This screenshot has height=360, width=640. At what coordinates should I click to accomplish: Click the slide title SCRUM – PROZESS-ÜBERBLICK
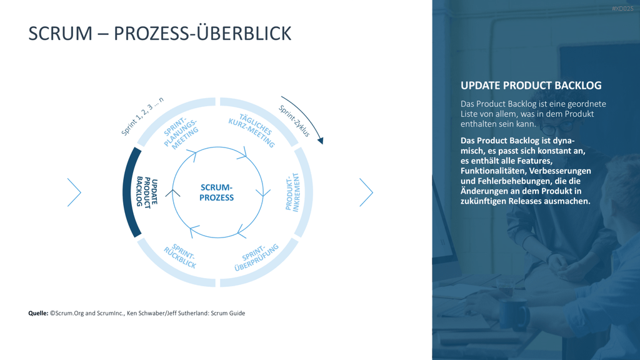(159, 33)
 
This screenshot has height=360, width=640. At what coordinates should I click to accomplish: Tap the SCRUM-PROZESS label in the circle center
(217, 192)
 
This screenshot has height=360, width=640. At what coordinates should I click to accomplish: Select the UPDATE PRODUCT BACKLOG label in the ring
(147, 192)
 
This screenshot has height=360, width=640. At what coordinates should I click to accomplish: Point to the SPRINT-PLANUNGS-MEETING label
(181, 133)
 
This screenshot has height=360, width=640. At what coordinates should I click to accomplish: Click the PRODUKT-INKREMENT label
(292, 192)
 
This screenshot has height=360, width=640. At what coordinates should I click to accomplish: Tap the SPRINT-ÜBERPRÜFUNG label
(256, 257)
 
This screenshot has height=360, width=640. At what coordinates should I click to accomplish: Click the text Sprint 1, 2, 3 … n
(142, 116)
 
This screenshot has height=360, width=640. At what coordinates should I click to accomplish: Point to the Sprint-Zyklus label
(294, 121)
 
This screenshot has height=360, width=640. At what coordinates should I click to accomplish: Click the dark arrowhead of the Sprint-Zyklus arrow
(321, 141)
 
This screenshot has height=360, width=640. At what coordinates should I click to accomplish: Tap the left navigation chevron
(74, 192)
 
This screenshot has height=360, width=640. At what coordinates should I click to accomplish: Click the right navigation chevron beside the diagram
(366, 192)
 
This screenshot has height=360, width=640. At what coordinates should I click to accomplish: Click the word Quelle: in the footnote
(38, 313)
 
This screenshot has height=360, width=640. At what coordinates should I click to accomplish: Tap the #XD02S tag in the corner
(622, 9)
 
